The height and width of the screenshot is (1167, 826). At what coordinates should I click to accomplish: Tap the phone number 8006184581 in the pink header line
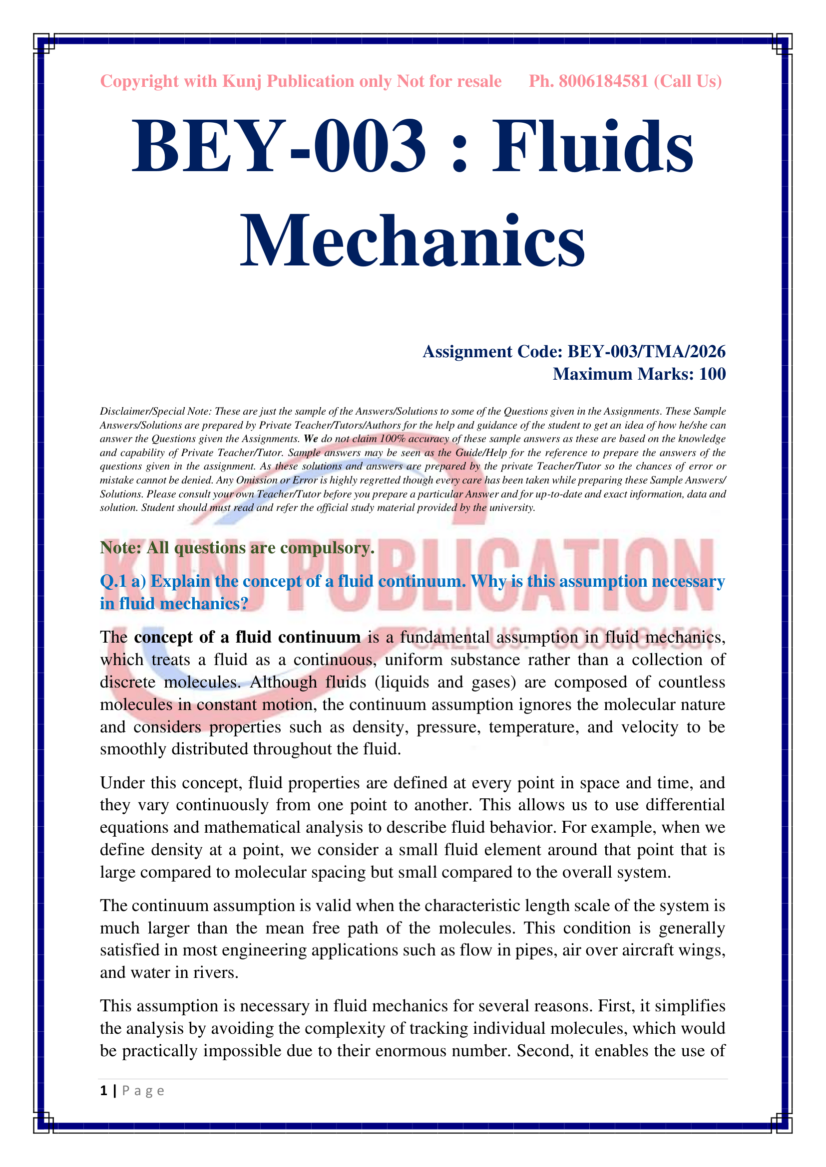pyautogui.click(x=603, y=81)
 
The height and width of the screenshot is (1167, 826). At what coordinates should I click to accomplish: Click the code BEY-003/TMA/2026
pyautogui.click(x=646, y=351)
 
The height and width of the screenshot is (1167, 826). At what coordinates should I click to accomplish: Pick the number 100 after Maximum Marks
pyautogui.click(x=712, y=374)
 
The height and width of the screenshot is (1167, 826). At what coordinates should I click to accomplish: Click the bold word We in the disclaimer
pyautogui.click(x=311, y=439)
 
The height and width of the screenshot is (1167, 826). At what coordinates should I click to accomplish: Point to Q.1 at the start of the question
pyautogui.click(x=113, y=581)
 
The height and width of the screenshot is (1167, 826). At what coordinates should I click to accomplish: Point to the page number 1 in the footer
pyautogui.click(x=104, y=1091)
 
